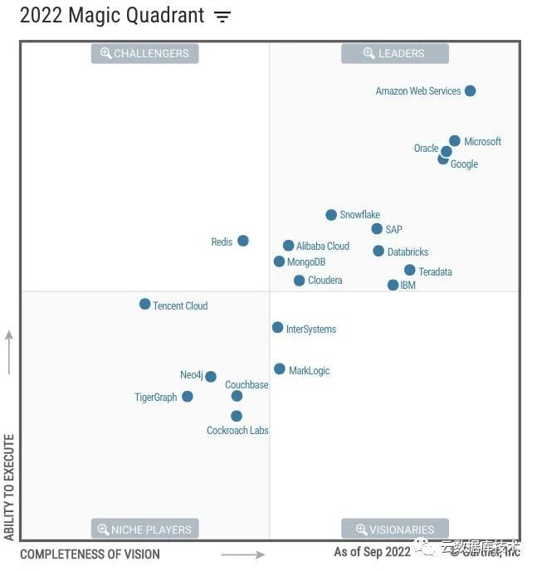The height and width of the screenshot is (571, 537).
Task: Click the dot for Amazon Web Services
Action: (x=470, y=90)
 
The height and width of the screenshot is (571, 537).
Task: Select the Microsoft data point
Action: (x=455, y=141)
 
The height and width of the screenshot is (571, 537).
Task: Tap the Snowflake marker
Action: (x=331, y=215)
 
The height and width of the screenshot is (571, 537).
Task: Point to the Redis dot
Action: (x=243, y=241)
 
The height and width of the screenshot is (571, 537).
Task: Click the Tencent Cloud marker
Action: (x=144, y=305)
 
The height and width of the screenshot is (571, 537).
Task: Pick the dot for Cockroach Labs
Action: (x=237, y=416)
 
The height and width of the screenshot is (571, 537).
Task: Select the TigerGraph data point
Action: (x=188, y=397)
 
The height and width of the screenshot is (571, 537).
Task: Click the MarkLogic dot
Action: (x=280, y=369)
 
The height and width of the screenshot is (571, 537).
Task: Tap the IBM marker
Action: (x=393, y=285)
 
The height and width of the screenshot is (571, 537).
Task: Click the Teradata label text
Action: (x=435, y=272)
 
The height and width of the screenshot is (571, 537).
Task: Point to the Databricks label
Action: (x=408, y=252)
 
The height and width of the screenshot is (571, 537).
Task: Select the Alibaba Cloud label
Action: (x=323, y=246)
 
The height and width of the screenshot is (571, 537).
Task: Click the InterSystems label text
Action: (x=311, y=329)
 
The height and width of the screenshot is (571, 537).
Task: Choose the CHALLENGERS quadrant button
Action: (x=144, y=54)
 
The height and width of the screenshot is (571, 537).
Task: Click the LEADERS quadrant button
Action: (x=395, y=54)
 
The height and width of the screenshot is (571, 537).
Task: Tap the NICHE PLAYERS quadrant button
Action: (x=144, y=530)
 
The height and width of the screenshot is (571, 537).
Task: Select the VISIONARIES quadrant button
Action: (x=395, y=530)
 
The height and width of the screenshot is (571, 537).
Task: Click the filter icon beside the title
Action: (x=222, y=17)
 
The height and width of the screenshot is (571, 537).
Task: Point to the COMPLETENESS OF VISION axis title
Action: (x=90, y=554)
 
